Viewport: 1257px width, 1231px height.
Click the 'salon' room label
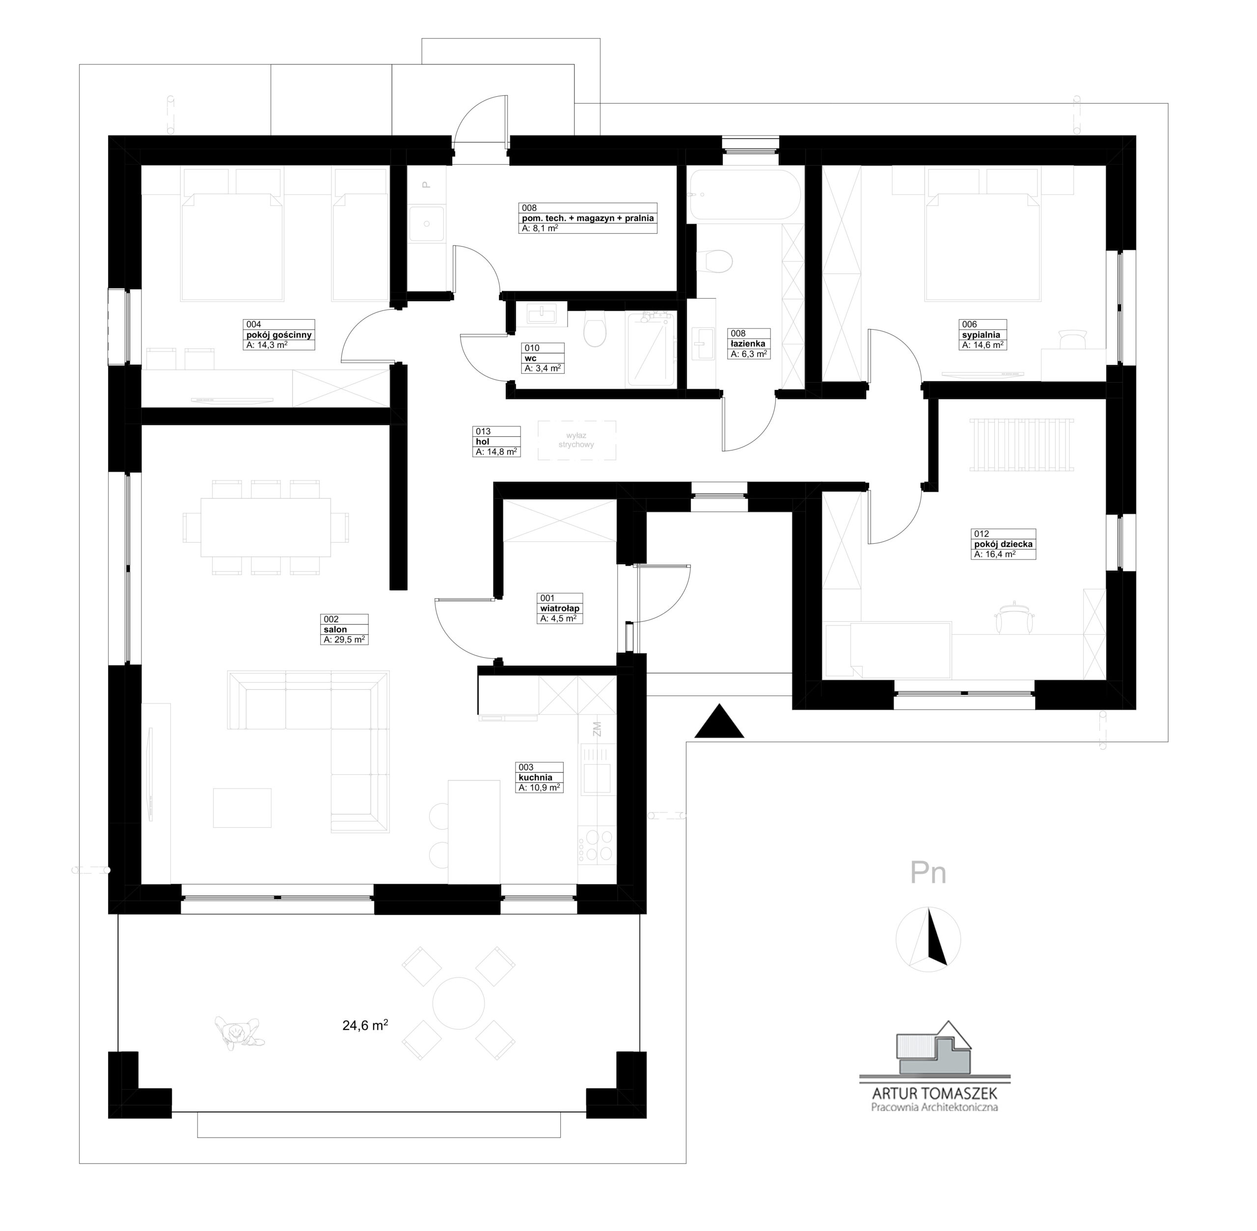(x=335, y=629)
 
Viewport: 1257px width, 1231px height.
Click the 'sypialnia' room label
(x=981, y=335)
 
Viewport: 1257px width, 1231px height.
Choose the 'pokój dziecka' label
(x=1004, y=544)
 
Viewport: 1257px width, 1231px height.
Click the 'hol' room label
(x=482, y=442)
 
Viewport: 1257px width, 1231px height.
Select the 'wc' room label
(x=531, y=358)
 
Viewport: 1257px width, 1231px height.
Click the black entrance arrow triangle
(x=719, y=723)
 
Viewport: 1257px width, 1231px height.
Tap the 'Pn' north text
(x=928, y=873)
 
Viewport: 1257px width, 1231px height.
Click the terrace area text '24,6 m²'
(x=365, y=1025)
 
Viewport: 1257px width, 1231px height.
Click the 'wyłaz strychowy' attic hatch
(x=577, y=440)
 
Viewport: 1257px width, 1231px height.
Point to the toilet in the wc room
(x=595, y=330)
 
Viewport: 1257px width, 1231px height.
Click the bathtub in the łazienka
(x=744, y=194)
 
